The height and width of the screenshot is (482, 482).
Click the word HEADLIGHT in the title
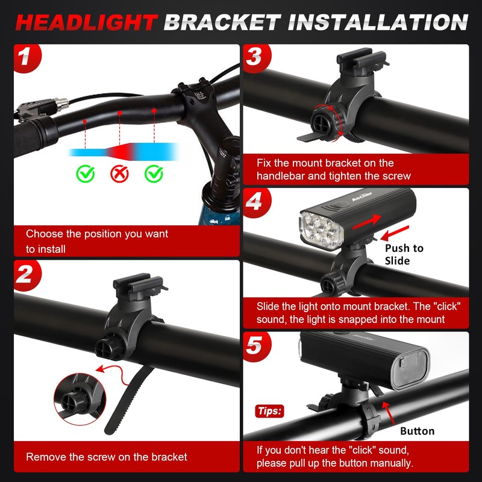pyautogui.click(x=86, y=22)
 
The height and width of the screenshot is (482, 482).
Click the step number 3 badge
pyautogui.click(x=254, y=58)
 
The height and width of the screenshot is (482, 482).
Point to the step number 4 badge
pyautogui.click(x=254, y=202)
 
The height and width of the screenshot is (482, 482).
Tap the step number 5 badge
pyautogui.click(x=254, y=346)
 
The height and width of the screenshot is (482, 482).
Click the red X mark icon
pyautogui.click(x=120, y=175)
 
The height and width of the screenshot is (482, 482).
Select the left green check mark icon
pyautogui.click(x=86, y=175)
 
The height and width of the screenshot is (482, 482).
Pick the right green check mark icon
pyautogui.click(x=154, y=175)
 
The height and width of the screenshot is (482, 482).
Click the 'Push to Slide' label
pyautogui.click(x=404, y=254)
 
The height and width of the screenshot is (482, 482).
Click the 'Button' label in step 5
pyautogui.click(x=417, y=431)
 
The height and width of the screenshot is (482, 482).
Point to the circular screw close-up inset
pyautogui.click(x=75, y=397)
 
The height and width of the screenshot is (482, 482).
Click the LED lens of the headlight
pyautogui.click(x=319, y=228)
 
